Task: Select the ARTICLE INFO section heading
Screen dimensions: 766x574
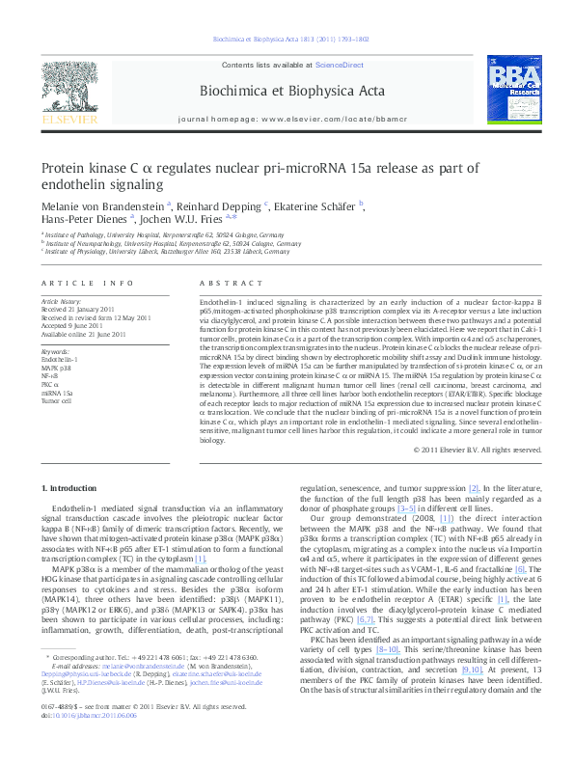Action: tap(87, 283)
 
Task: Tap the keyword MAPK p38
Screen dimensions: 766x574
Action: tap(56, 369)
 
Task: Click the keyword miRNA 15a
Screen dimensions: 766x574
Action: tap(57, 392)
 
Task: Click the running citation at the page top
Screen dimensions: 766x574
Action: tap(286, 40)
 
